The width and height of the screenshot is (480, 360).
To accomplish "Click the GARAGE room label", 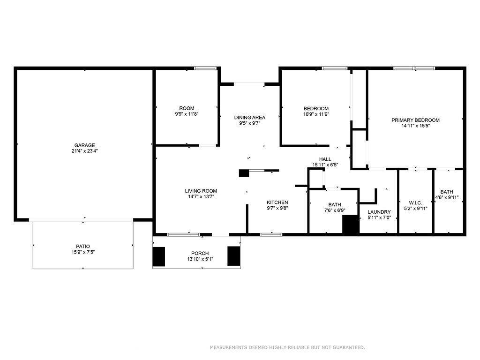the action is tap(84, 145).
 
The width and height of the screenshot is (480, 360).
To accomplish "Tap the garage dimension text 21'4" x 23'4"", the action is tap(84, 151).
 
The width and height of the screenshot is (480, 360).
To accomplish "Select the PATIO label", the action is tap(83, 247).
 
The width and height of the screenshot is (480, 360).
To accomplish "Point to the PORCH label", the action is tap(200, 254).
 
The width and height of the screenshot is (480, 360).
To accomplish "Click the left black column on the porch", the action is tap(159, 256).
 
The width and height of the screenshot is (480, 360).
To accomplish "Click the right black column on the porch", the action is tap(233, 256).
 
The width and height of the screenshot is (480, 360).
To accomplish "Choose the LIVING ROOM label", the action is tap(201, 191).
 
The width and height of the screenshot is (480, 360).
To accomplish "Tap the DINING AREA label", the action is tap(250, 118).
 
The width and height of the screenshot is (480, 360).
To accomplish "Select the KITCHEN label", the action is tap(277, 202).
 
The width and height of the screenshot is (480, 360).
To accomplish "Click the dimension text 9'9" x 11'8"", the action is tap(187, 114).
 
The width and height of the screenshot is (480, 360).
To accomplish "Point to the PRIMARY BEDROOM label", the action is tap(415, 120).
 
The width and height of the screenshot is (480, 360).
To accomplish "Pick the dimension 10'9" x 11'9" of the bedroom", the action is tap(316, 114).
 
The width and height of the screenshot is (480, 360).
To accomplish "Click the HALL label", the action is tap(325, 159).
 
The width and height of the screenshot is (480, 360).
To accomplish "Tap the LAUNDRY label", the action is tap(379, 212).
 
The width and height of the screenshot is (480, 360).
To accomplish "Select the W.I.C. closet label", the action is tap(415, 203).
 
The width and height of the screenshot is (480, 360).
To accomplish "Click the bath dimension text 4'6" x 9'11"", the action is tap(447, 198).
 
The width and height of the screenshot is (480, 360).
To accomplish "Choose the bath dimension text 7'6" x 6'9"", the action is tap(335, 210).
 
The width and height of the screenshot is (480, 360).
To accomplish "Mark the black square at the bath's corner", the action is tap(351, 225).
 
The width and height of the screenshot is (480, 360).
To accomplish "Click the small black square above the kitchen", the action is tap(244, 173).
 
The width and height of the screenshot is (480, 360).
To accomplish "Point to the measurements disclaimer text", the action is tap(287, 347).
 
